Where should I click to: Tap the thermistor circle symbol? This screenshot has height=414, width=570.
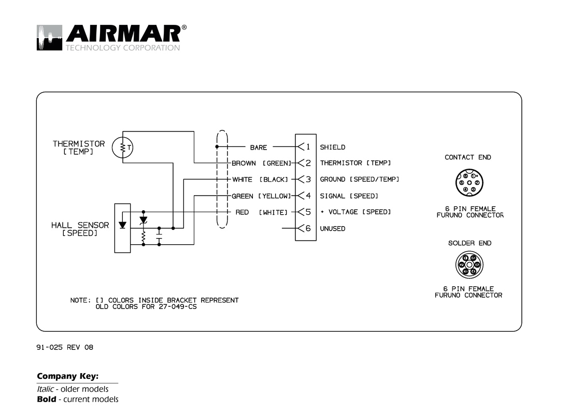[123, 148]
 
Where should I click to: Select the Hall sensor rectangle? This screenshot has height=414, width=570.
[122, 228]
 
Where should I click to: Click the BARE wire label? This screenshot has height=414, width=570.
[259, 147]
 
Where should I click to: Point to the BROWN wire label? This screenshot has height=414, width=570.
[244, 164]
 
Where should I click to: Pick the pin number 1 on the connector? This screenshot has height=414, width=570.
[307, 147]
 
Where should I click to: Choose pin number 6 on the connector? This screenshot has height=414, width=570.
[307, 228]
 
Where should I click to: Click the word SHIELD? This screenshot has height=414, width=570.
[332, 147]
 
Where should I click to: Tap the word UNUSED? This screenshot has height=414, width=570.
[332, 229]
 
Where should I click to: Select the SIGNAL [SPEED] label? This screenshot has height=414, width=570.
[349, 196]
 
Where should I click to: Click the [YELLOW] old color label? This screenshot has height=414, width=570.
[274, 196]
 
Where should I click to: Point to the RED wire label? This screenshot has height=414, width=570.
[242, 212]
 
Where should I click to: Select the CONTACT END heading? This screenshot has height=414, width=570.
[468, 157]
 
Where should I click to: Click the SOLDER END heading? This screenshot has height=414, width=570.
[469, 243]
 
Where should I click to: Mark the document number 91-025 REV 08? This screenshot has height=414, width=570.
[65, 347]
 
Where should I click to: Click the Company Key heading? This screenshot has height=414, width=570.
[67, 376]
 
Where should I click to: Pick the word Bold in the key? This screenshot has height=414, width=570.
[46, 399]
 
